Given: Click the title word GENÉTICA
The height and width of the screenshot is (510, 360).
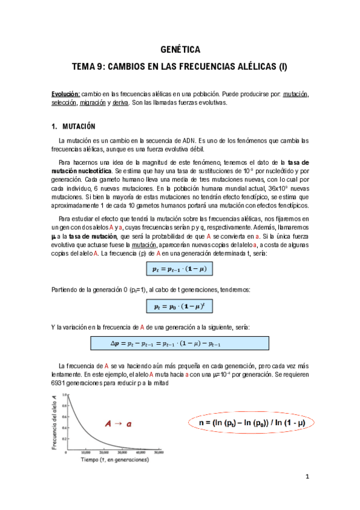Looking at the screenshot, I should tap(180, 50).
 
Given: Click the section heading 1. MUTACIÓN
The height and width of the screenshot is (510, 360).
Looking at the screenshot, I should tap(74, 126).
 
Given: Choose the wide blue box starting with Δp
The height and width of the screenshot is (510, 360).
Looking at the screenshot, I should tap(180, 343).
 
